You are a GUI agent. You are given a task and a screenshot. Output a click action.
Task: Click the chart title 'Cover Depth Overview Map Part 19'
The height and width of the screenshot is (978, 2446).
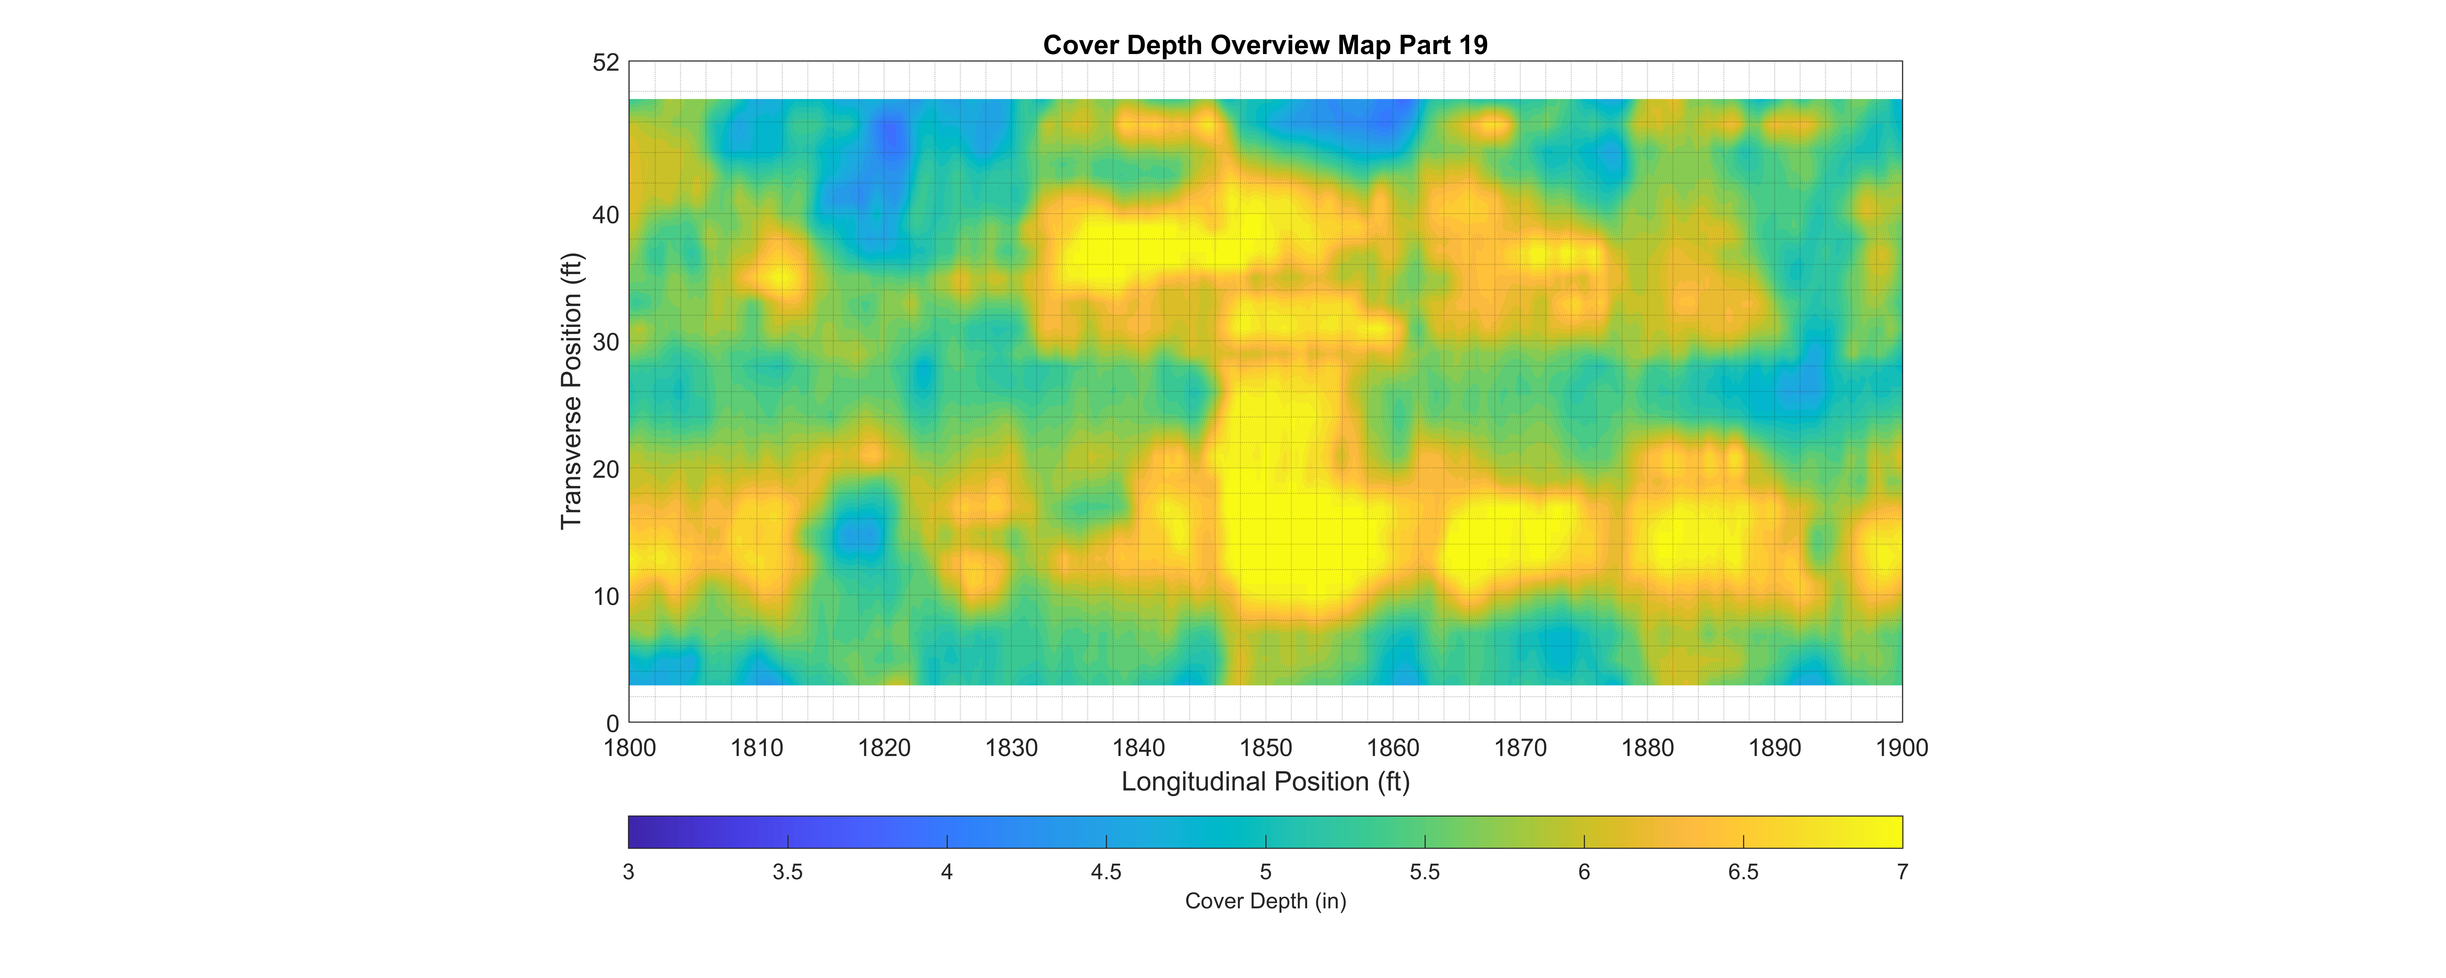1265,45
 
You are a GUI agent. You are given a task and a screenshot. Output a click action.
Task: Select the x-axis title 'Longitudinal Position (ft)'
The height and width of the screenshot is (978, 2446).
1265,781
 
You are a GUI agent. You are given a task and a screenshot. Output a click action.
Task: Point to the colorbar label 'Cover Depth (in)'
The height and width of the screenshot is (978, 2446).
1265,901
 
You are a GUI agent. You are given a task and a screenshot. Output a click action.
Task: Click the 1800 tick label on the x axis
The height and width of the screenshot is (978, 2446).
630,748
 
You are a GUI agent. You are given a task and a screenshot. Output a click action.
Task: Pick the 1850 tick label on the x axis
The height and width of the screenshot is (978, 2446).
1266,748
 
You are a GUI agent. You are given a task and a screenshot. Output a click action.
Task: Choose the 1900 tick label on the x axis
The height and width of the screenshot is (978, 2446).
1902,748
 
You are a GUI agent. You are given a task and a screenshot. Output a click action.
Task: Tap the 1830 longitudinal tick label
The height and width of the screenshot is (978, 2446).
1011,748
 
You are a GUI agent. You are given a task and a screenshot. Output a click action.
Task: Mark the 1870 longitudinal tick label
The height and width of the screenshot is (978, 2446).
1520,748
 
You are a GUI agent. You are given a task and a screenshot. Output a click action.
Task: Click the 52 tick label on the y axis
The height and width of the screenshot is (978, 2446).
606,63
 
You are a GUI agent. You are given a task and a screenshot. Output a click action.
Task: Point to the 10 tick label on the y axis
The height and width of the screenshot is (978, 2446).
606,596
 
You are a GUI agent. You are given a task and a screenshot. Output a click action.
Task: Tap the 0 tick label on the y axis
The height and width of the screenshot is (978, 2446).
612,723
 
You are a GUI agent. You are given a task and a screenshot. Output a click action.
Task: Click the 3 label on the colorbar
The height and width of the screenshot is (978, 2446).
629,872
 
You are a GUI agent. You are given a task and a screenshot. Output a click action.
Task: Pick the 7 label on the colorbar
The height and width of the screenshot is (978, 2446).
1902,872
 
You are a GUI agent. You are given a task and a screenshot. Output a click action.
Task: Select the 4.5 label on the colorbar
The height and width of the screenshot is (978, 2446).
1106,872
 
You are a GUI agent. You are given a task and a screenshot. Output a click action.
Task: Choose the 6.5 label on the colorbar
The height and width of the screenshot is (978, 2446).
1743,872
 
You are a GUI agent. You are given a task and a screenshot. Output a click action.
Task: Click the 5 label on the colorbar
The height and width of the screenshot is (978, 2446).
1266,872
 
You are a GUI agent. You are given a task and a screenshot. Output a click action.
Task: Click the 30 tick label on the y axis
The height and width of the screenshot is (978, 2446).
606,342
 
